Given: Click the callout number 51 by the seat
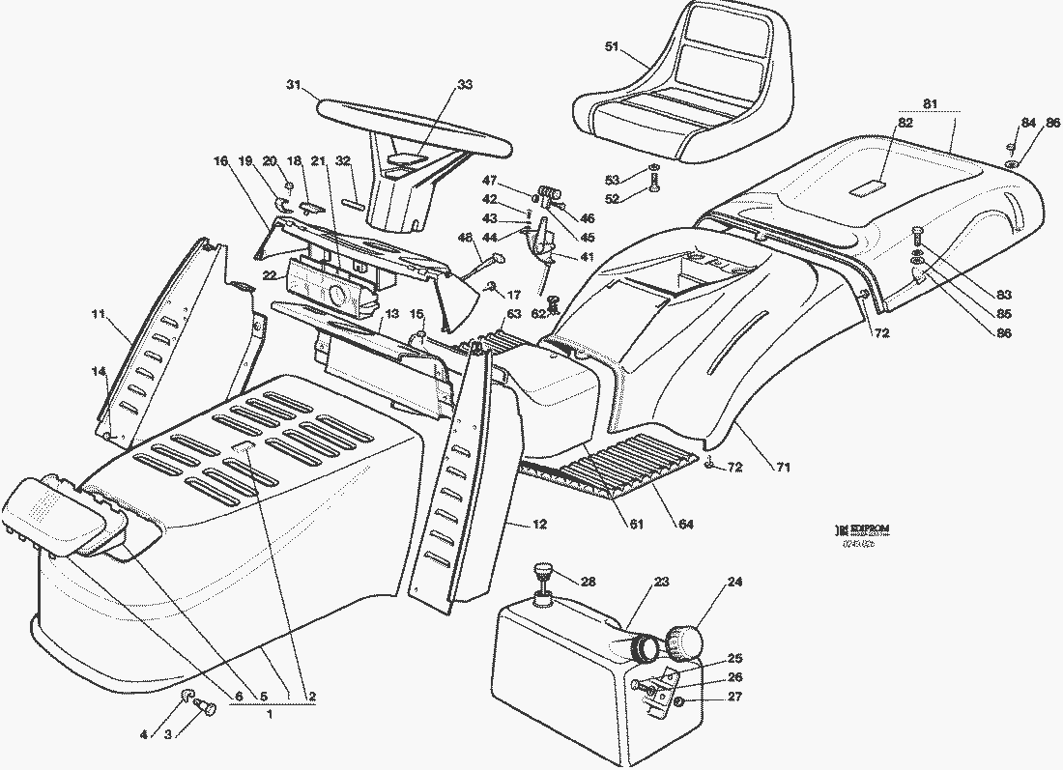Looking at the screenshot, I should (611, 46).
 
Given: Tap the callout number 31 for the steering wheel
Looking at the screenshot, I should (294, 85).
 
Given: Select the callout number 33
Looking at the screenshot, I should (465, 85).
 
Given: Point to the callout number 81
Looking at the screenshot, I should (930, 102).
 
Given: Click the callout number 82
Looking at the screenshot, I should (905, 123).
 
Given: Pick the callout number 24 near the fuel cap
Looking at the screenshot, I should (735, 583).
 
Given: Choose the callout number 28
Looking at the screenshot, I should (589, 582).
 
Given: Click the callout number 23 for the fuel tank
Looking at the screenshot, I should (661, 582).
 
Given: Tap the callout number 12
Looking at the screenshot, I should (539, 525).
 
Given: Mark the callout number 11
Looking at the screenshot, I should (98, 314).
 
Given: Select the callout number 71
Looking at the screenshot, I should (783, 468).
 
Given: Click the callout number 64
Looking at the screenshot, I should (685, 525).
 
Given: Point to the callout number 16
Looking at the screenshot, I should (220, 160).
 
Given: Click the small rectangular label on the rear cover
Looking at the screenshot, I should (868, 187).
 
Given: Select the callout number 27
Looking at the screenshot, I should (735, 697).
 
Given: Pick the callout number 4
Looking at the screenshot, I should (144, 734).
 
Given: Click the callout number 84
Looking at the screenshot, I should (1027, 123).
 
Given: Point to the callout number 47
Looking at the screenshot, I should (490, 181).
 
